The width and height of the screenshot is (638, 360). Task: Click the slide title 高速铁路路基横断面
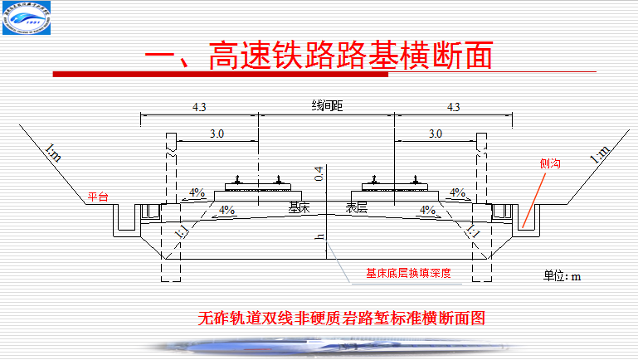coord(319,56)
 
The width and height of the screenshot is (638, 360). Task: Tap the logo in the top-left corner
coord(26,20)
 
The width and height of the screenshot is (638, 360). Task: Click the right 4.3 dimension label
coord(453,107)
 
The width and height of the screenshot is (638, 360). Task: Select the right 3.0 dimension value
coord(435,133)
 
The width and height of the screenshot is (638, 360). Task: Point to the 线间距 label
coord(327,106)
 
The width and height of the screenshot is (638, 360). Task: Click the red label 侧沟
coord(550,164)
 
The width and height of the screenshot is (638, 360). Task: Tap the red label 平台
coord(99,197)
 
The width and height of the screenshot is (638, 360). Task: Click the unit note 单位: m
coord(562,275)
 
